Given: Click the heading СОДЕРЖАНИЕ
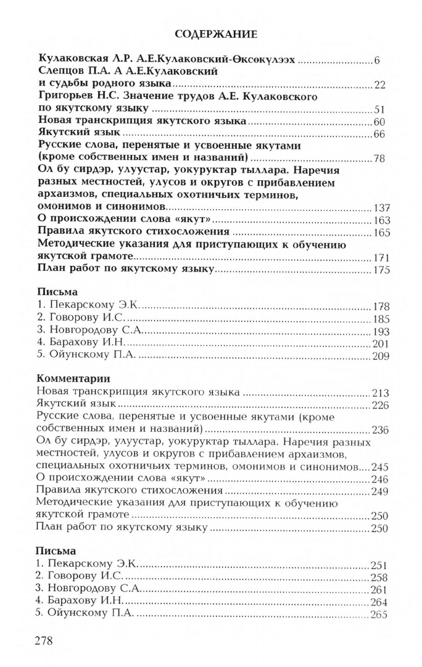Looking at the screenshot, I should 212,34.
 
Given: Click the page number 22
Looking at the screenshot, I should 379,85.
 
